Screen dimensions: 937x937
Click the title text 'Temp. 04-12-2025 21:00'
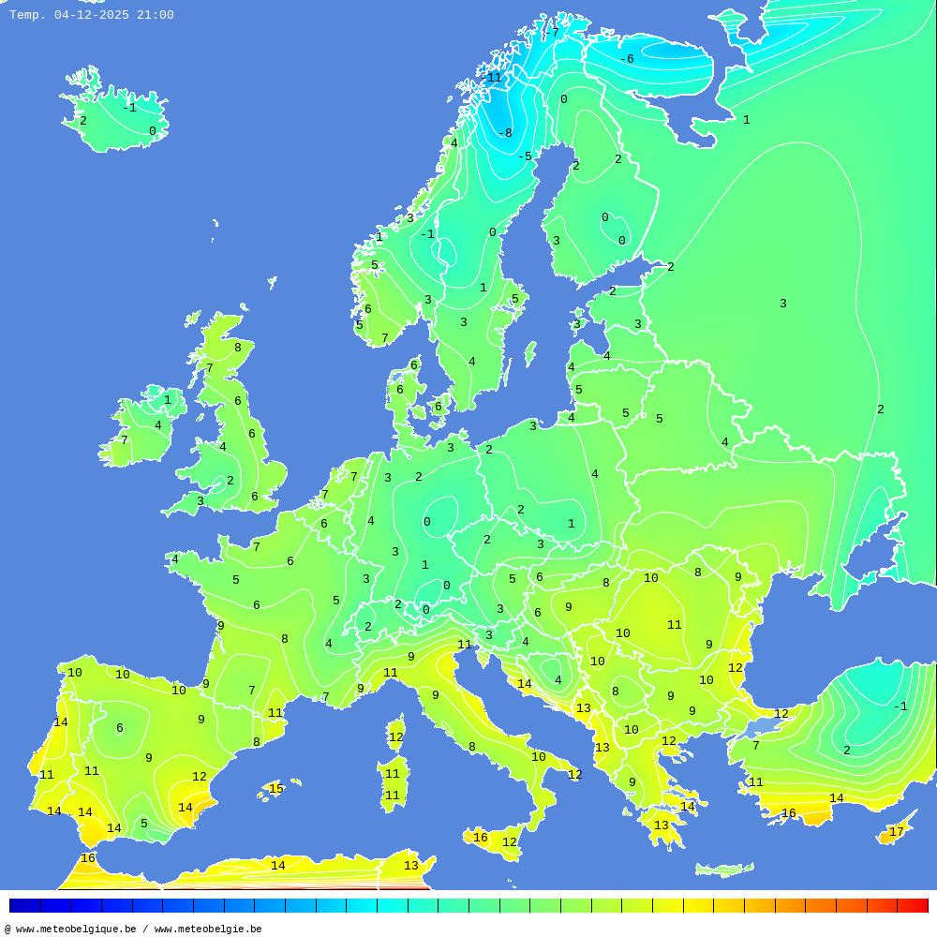click(x=91, y=15)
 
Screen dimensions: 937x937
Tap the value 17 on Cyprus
click(x=897, y=832)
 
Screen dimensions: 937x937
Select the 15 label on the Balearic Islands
click(x=276, y=789)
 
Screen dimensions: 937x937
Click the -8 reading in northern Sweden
click(x=504, y=133)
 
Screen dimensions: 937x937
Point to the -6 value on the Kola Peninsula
click(x=626, y=59)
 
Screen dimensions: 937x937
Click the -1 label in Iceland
click(x=129, y=108)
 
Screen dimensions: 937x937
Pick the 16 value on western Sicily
click(x=481, y=838)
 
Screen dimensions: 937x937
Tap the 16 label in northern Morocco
click(x=88, y=858)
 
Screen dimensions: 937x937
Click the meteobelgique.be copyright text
click(x=133, y=929)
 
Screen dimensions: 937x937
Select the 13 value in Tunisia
click(x=411, y=866)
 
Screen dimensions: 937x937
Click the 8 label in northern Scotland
click(x=237, y=348)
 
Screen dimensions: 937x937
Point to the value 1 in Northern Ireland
click(x=168, y=400)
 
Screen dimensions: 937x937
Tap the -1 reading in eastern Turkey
click(x=900, y=706)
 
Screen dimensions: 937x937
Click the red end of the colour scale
click(x=913, y=905)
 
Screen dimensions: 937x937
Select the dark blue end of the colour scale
click(x=24, y=905)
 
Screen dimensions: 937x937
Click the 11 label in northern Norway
click(x=494, y=78)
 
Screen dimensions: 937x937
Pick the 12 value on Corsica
click(x=395, y=737)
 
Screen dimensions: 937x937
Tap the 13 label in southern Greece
click(x=662, y=825)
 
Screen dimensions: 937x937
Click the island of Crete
click(x=724, y=870)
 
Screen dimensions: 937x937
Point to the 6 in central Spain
click(x=119, y=728)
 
